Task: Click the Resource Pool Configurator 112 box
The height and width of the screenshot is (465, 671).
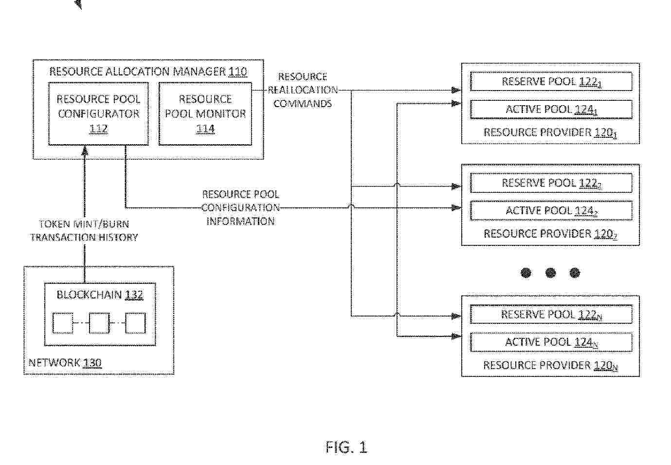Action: [x=98, y=113]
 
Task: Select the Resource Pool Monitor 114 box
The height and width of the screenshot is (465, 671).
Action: [x=205, y=113]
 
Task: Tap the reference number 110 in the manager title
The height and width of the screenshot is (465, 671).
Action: [x=237, y=72]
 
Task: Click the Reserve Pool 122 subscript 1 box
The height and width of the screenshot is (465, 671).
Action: [x=551, y=81]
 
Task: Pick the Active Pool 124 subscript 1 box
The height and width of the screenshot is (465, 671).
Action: [x=551, y=110]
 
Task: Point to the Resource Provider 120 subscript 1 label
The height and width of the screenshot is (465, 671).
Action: [x=550, y=132]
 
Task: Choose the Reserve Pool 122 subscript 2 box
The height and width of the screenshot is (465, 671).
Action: [x=551, y=183]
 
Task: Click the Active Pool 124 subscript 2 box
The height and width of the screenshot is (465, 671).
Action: [x=551, y=211]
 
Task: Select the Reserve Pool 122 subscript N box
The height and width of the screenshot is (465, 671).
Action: [x=551, y=315]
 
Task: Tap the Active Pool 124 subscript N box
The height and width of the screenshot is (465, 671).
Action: [x=551, y=342]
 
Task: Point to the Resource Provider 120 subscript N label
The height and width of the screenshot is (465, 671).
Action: [x=550, y=365]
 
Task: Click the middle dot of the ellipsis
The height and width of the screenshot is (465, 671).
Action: [x=550, y=273]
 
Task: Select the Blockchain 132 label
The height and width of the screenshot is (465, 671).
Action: [x=100, y=295]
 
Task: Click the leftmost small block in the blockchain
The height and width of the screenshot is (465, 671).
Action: [x=63, y=323]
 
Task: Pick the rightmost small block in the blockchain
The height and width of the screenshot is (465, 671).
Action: [x=135, y=323]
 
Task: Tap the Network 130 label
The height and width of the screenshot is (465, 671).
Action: [x=65, y=363]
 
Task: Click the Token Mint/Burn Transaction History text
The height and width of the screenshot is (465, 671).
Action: [x=84, y=231]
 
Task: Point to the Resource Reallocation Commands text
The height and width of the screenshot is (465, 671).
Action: [x=302, y=90]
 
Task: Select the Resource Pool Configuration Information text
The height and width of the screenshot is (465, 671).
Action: [x=240, y=208]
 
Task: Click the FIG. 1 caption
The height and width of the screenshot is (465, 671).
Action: [x=346, y=447]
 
